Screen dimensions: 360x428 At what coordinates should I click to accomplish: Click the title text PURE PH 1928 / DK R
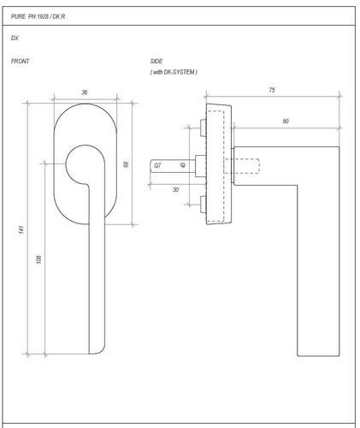coord(38,16)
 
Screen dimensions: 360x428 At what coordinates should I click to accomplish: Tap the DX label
coord(15,38)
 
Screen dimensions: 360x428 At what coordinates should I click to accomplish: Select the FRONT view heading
coord(20,61)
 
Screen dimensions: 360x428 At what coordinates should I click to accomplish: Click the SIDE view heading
coord(156,61)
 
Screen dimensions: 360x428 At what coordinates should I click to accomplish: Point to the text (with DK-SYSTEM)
coord(174,72)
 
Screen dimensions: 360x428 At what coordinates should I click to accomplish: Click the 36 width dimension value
coord(85,92)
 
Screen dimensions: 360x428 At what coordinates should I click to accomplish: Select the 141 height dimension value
coord(21,229)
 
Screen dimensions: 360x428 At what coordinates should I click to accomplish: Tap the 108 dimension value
coord(39,259)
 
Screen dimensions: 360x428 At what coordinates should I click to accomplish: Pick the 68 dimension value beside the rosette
coord(126,164)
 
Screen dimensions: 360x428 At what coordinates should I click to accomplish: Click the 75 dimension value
coord(272,90)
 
